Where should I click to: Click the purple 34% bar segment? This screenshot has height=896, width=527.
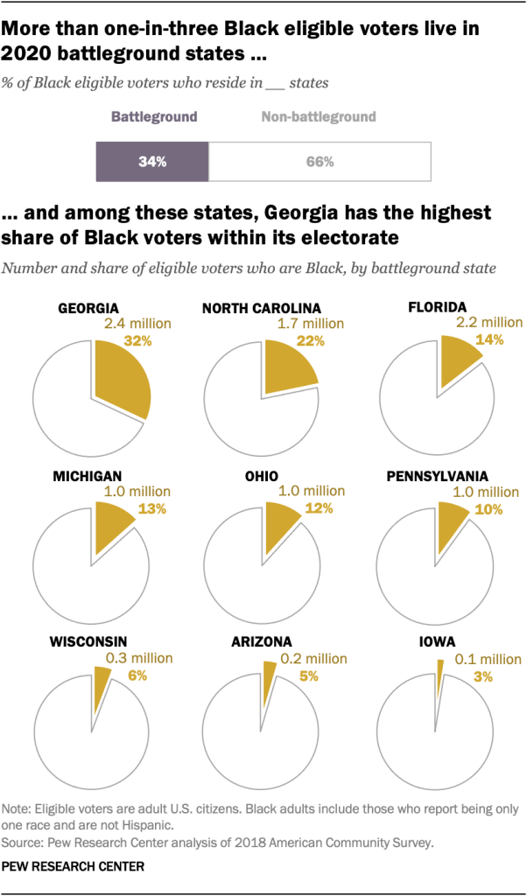tap(151, 162)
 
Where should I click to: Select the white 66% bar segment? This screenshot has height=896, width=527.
tap(320, 162)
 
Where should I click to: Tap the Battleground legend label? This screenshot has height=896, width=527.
tap(153, 116)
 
